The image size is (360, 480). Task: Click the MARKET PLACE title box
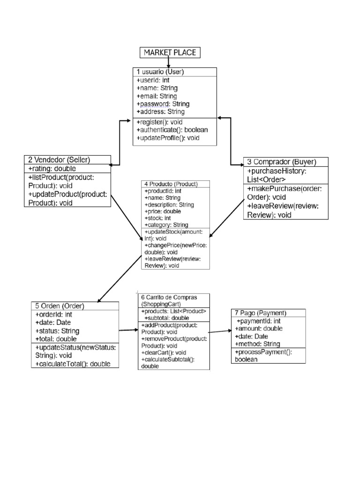[170, 52]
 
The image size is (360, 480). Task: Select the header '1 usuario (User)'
[160, 72]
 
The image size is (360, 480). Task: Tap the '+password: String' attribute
[163, 104]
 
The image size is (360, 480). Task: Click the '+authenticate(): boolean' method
[172, 129]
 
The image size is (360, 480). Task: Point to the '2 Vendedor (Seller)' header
[59, 159]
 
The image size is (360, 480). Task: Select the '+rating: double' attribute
[52, 168]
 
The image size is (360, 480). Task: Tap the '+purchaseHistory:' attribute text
[277, 171]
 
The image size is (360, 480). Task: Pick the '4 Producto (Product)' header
[171, 184]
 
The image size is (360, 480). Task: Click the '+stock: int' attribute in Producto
[157, 218]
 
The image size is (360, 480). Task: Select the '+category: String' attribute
[166, 225]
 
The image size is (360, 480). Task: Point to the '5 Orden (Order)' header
[60, 306]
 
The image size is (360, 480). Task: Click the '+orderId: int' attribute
[53, 315]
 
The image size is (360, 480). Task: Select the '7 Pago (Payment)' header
[260, 313]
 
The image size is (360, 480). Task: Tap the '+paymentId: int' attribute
[259, 321]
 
